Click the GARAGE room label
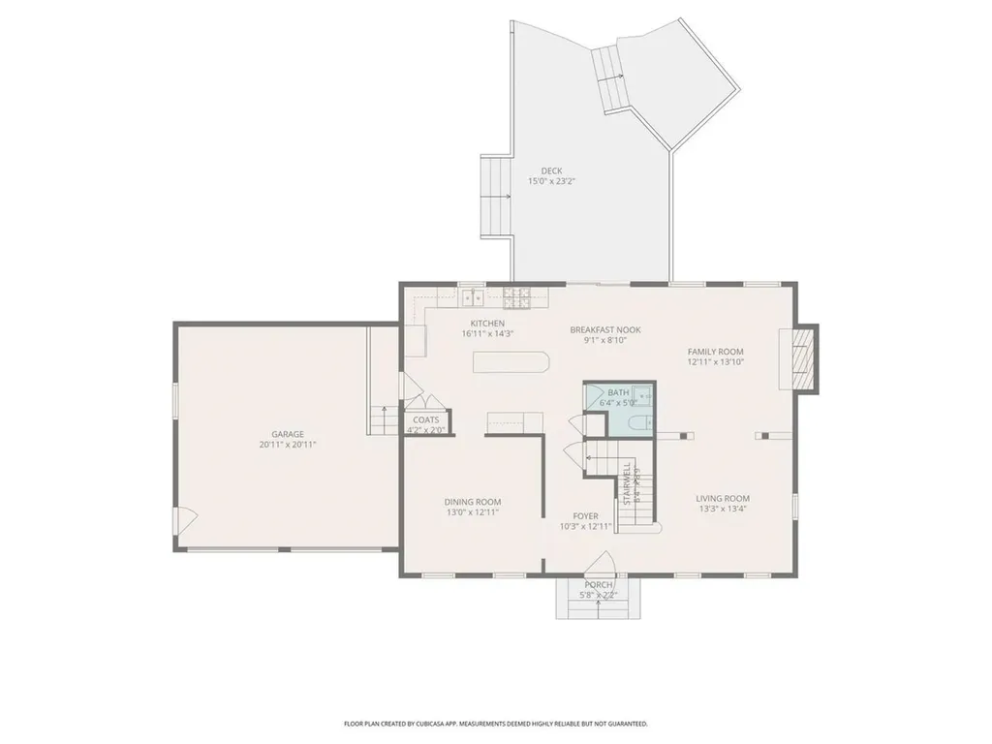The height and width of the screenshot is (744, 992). point(287,434)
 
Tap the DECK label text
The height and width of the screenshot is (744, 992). point(551,170)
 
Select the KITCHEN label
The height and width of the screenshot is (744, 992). point(487,323)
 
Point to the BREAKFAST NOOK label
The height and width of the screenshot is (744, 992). point(605,329)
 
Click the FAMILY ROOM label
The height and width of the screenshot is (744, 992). point(715,352)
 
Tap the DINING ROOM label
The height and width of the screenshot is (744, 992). point(472,501)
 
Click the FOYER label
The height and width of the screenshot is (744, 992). point(585,515)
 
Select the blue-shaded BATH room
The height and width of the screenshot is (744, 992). point(618,409)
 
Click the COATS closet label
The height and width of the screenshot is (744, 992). point(425,419)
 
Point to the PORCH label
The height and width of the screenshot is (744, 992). point(598,584)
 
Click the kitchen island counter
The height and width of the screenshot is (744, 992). point(511,362)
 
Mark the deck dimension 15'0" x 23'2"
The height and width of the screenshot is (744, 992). point(551,181)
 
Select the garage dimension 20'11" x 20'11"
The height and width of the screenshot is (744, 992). point(287,445)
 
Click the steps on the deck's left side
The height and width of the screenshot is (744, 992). point(496,197)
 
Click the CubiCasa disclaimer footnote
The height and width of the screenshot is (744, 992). point(495,724)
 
